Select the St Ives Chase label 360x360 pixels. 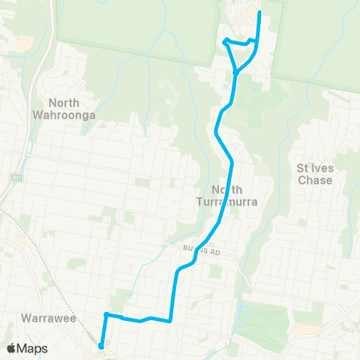[x=314, y=174]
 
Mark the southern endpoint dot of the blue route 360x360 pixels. [x=100, y=346]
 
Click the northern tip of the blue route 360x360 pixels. [x=259, y=12]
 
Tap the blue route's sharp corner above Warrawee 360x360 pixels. [x=106, y=314]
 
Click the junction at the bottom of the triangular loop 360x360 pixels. [x=235, y=72]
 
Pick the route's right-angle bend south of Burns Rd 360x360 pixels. [x=172, y=320]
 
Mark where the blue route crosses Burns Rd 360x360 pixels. [x=196, y=256]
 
